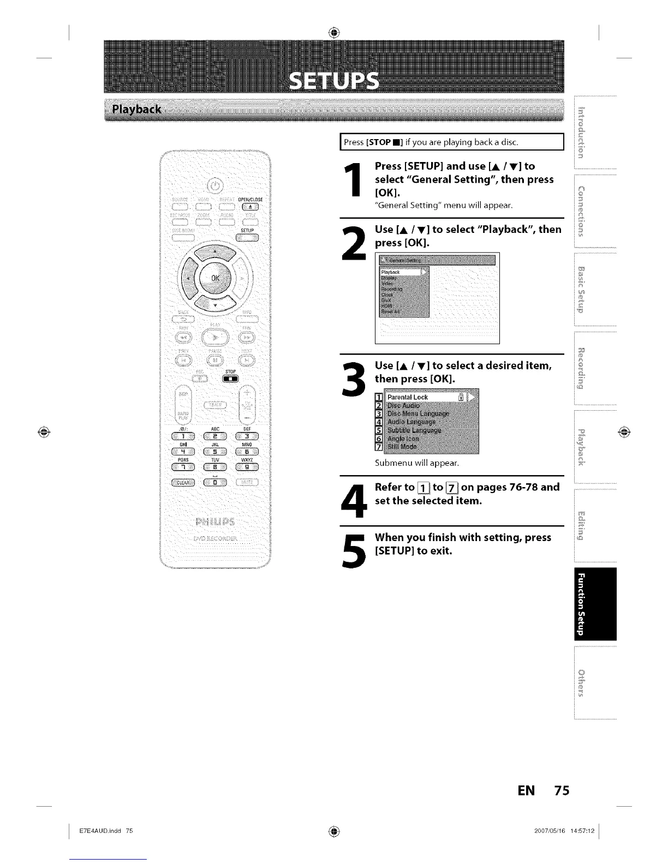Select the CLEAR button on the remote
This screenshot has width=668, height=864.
183,482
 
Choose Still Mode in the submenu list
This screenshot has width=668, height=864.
402,447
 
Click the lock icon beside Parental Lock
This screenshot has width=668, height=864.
462,398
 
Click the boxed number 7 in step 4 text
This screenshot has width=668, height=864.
452,488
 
